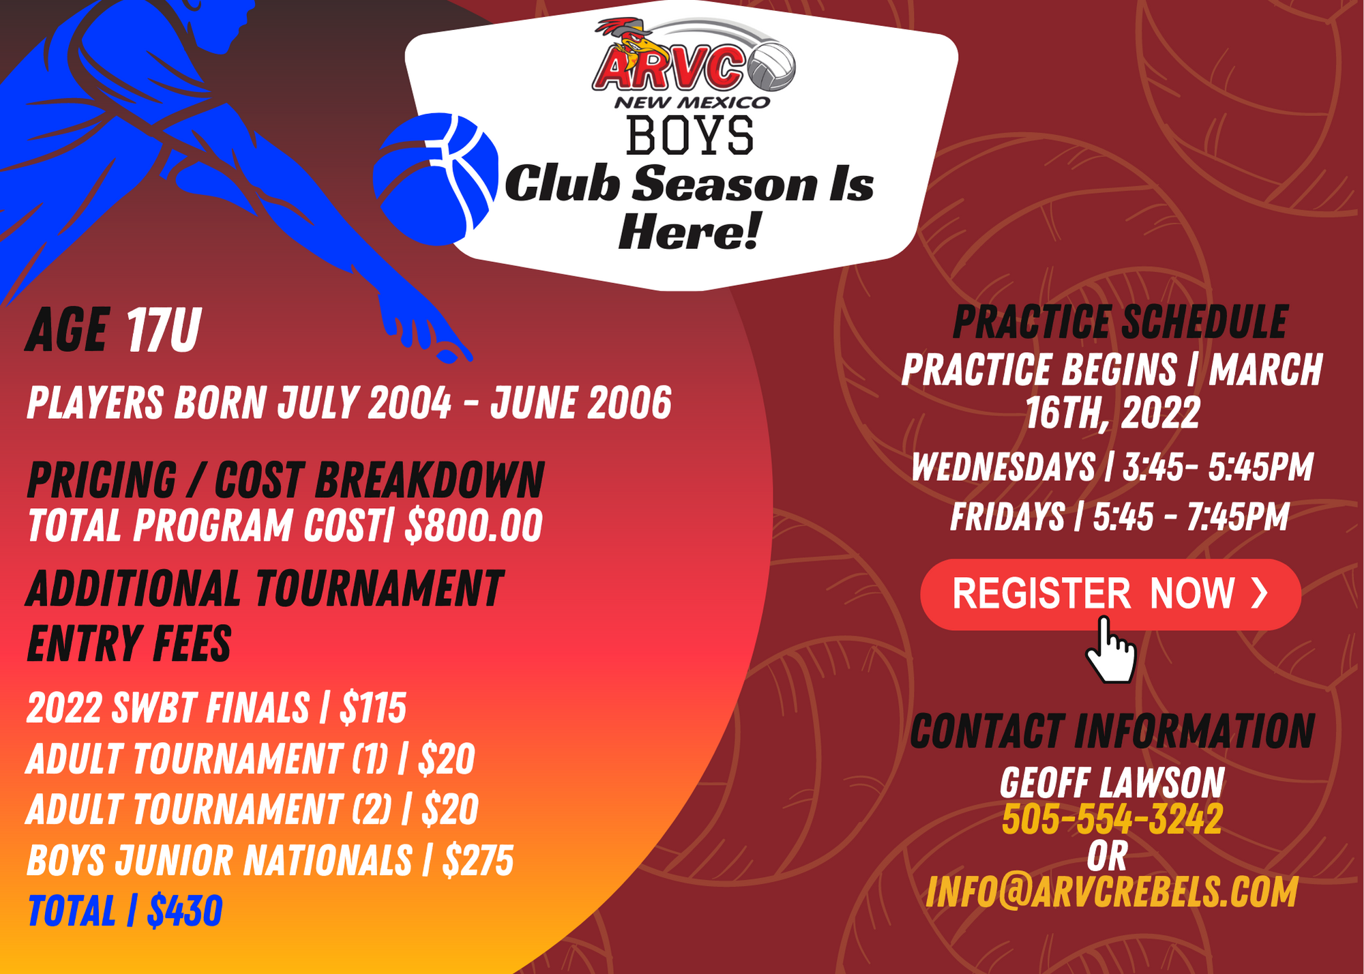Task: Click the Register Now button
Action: pos(1110,594)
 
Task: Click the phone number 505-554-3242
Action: pos(1112,818)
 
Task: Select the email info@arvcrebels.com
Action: pos(1112,892)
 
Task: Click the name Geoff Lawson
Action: pos(1112,782)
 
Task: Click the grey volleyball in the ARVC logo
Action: pos(771,66)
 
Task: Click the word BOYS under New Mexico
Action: pos(690,135)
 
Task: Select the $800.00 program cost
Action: pos(473,525)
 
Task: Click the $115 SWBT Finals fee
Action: pos(373,707)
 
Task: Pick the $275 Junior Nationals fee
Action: pos(477,860)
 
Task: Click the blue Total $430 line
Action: pos(125,911)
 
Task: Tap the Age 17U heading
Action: pos(113,330)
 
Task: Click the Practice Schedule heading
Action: pos(1119,322)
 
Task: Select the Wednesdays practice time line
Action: pos(1112,467)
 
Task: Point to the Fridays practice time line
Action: pos(1119,516)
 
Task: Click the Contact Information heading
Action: pos(1112,731)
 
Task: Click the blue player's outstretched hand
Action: pos(423,327)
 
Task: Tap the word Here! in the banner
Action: pos(689,231)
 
